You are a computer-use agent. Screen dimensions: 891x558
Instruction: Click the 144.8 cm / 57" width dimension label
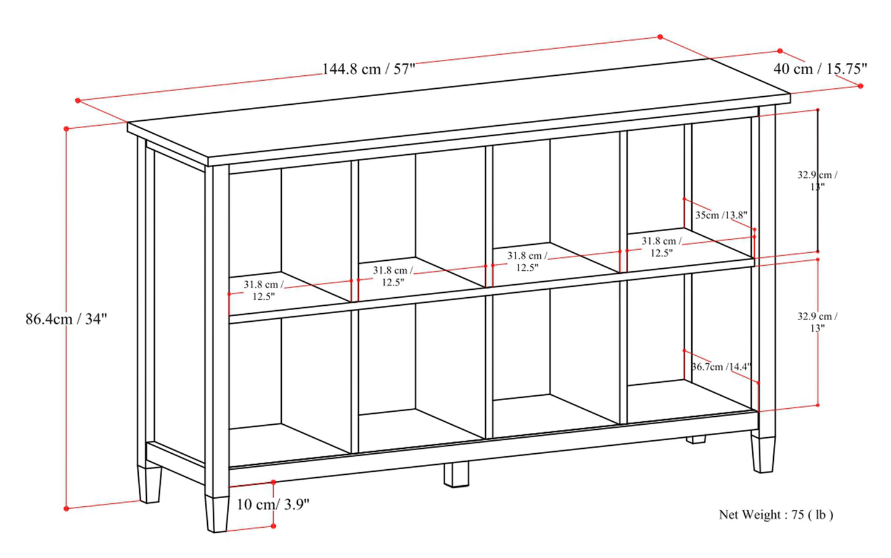click(x=368, y=69)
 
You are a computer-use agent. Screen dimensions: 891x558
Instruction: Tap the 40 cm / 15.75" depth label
click(x=820, y=69)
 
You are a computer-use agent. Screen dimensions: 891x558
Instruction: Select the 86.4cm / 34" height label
click(x=67, y=319)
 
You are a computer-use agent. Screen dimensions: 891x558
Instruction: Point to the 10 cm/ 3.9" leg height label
click(x=273, y=504)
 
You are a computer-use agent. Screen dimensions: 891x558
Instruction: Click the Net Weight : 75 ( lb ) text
click(x=776, y=515)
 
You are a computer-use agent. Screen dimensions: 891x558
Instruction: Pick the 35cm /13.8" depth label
click(x=721, y=215)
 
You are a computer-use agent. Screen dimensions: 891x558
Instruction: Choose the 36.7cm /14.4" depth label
click(x=721, y=366)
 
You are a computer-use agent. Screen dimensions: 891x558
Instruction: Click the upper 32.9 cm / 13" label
click(x=817, y=180)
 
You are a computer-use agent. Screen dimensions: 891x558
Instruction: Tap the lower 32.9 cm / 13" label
click(x=817, y=322)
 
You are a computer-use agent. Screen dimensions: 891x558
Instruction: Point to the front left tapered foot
click(x=217, y=514)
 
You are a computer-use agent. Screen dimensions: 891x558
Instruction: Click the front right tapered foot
click(x=763, y=454)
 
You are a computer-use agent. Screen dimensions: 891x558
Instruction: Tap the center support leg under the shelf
click(x=456, y=475)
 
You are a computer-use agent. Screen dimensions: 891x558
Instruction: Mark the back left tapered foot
click(x=150, y=485)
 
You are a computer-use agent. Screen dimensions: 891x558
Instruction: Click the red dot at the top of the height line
click(x=67, y=129)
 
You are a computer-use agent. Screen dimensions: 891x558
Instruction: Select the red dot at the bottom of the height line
click(x=67, y=508)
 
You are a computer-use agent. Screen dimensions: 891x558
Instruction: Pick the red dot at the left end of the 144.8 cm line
click(x=78, y=101)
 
